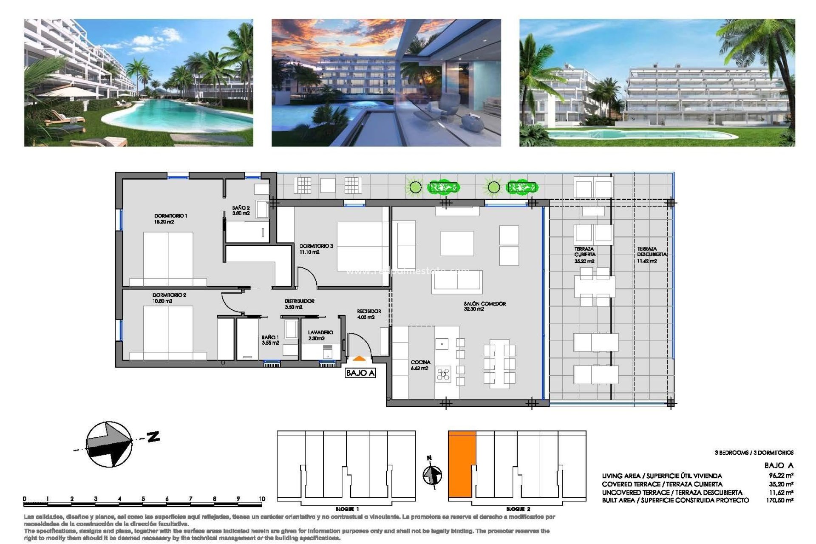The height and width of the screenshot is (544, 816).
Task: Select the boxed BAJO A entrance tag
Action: [360, 373]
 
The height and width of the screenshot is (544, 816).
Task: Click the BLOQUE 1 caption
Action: [347, 509]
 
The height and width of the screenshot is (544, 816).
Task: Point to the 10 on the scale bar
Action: [261, 499]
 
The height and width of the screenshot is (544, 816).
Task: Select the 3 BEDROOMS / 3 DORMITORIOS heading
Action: [754, 453]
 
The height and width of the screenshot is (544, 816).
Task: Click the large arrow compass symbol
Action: [109, 444]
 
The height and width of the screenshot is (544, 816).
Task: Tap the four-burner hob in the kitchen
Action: [443, 374]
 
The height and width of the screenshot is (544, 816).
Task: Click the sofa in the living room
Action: [457, 282]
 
